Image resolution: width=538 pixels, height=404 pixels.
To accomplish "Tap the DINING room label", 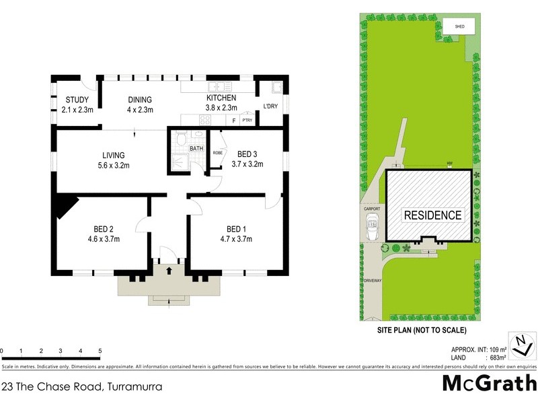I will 140,100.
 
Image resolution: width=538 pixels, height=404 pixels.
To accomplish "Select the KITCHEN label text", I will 221,98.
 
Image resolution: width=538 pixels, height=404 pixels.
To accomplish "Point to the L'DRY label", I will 270,106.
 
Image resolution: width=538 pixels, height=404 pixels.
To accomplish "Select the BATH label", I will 196,148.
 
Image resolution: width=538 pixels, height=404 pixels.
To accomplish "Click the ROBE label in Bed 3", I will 217,153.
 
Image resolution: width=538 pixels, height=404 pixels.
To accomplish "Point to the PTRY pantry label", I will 247,121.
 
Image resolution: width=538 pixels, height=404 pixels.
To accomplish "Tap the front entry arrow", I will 168,269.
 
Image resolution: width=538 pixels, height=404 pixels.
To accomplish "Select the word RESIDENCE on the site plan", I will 432,215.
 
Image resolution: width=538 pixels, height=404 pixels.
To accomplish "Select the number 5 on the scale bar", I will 100,351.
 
